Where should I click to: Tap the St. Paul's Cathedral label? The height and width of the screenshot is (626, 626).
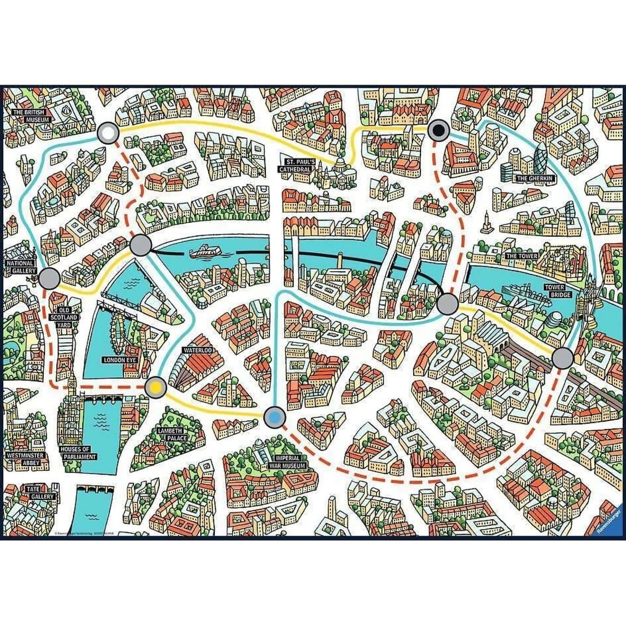point(295,165)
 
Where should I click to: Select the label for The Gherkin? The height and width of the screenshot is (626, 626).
point(534,178)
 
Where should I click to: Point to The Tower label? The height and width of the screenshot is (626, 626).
point(522,256)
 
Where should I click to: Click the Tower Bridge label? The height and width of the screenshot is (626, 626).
point(555,291)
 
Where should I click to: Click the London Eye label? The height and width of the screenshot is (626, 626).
point(120,360)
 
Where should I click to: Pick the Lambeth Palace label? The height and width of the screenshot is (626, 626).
point(172,435)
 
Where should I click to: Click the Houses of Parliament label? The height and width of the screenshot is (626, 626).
point(78,453)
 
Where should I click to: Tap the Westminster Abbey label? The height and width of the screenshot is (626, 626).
point(25,459)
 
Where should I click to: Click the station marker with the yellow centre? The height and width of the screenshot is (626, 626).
point(156,387)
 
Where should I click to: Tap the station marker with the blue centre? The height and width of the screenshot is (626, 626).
point(275,417)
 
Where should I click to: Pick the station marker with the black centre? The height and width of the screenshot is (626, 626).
point(439,130)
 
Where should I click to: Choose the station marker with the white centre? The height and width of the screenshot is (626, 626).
point(108,133)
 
